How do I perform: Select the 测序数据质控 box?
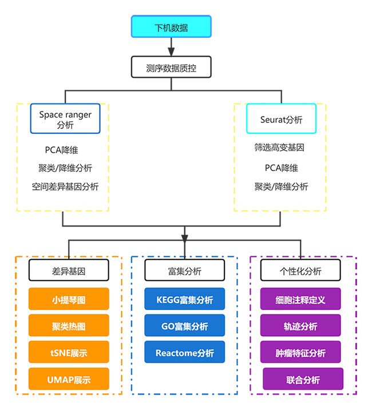tap(171, 68)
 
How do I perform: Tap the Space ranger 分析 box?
tap(65, 119)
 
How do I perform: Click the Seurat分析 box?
tap(281, 120)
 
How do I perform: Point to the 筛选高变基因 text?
tap(279, 148)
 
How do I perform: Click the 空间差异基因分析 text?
tap(65, 186)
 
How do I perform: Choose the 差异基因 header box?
tap(69, 271)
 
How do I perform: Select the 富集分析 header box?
tap(184, 271)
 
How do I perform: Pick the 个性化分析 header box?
tap(300, 271)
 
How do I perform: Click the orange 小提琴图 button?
tap(69, 300)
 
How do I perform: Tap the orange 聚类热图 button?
tap(69, 327)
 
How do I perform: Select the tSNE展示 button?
tap(69, 353)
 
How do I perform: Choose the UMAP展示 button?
tap(69, 380)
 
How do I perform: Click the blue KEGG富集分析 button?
tap(184, 300)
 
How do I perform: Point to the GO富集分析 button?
tap(184, 327)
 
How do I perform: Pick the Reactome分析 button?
tap(184, 353)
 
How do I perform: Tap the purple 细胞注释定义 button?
tap(300, 300)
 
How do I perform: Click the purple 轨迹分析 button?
tap(300, 327)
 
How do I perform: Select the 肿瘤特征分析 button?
tap(300, 353)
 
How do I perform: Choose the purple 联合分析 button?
tap(303, 380)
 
